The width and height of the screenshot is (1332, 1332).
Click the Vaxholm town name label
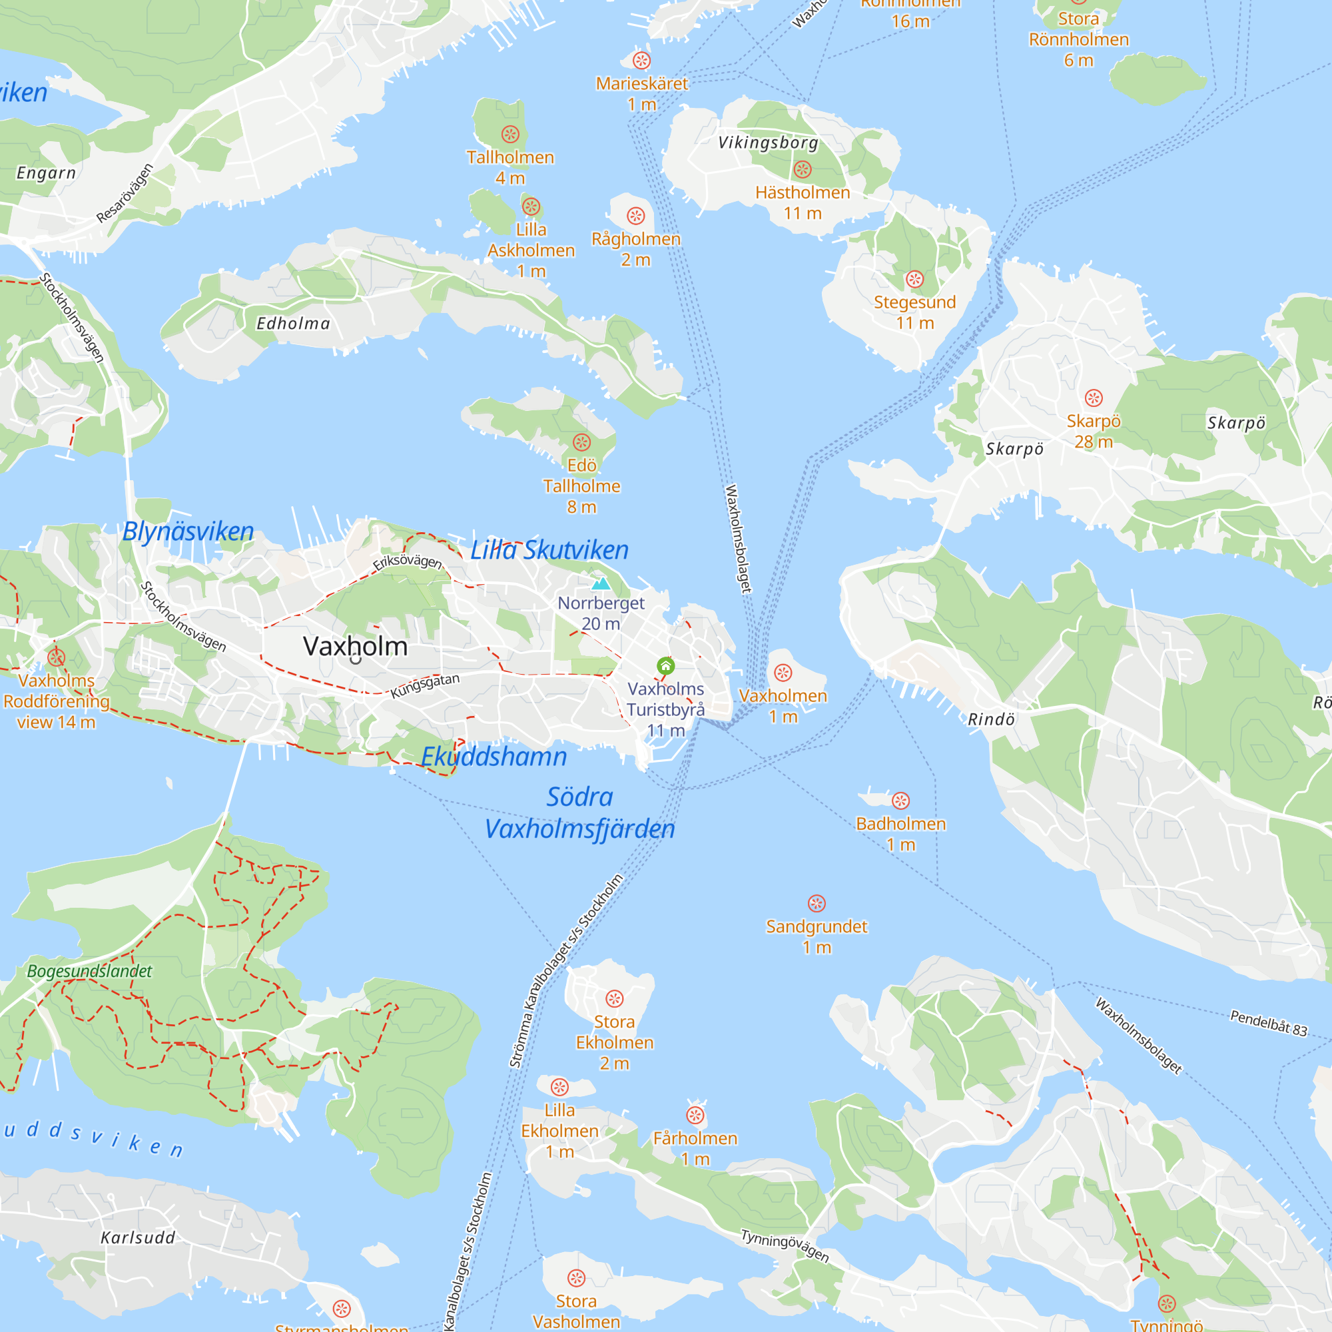355,646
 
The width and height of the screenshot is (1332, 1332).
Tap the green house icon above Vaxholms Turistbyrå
665,665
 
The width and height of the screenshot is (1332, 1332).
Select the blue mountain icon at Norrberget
601,583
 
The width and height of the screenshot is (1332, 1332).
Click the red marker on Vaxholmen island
783,673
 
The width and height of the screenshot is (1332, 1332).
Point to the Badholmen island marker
900,801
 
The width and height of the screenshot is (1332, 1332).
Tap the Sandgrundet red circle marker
817,903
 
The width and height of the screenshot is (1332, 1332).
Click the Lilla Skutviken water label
549,550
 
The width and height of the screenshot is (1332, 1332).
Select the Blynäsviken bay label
188,531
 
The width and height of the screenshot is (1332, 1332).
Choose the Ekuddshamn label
494,757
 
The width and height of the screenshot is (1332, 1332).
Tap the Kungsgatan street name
425,686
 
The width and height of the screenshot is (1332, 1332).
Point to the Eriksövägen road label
407,562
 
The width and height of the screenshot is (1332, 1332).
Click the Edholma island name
293,324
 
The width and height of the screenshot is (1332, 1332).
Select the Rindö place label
991,720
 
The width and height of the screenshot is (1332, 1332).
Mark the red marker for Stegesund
914,279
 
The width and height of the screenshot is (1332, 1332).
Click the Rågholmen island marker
635,216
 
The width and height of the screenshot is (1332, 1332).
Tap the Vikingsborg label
768,143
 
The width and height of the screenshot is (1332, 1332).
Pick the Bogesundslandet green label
90,971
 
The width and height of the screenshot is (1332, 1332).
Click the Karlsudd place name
138,1237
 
